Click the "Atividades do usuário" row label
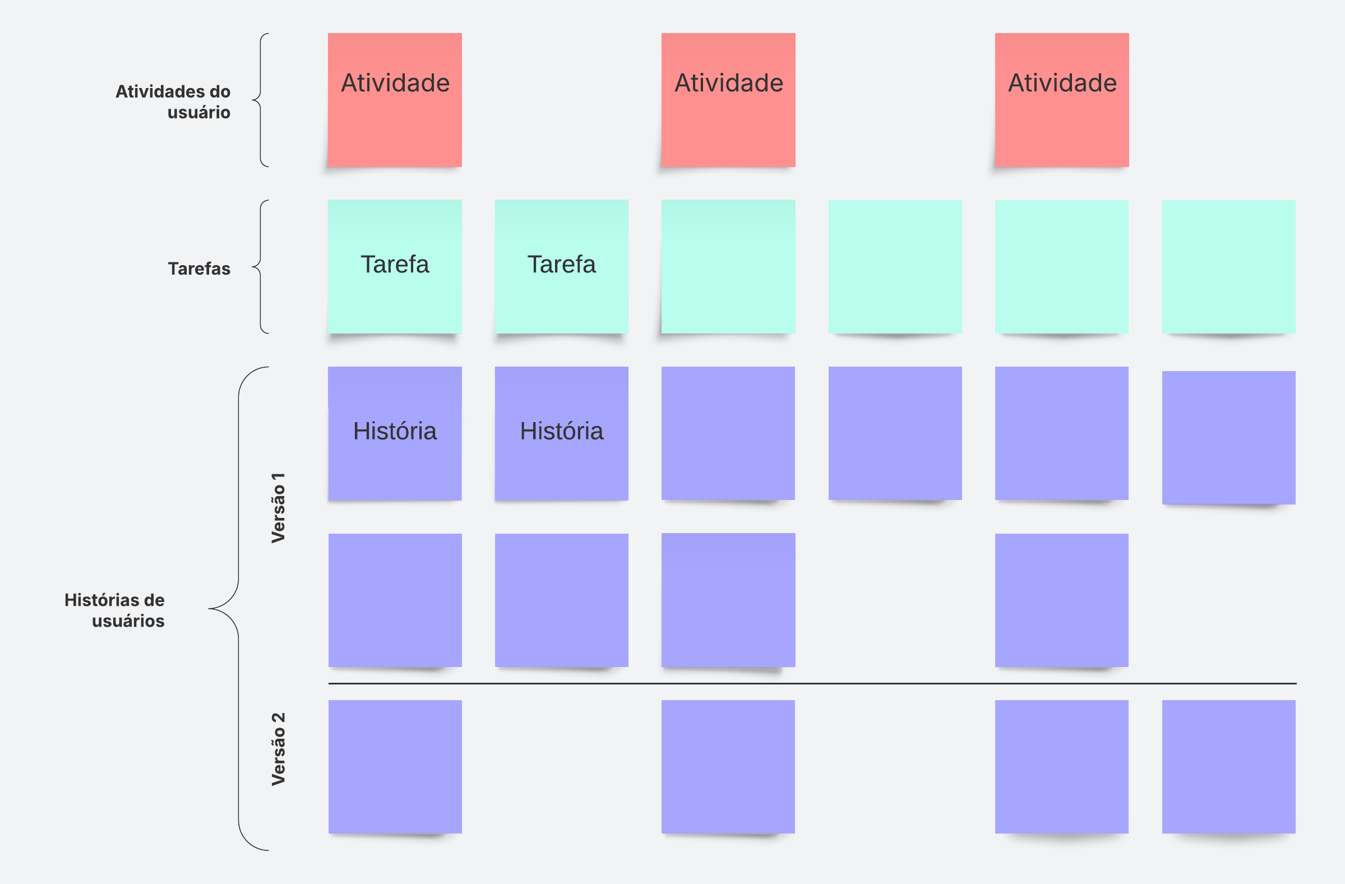(173, 101)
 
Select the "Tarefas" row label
(199, 269)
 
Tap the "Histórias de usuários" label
(115, 610)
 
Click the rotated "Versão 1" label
(278, 508)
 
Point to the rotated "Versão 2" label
(278, 749)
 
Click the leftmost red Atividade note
(395, 100)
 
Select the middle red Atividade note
(728, 100)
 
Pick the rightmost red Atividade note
(1062, 100)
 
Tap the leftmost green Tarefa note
(395, 266)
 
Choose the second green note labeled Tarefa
(562, 266)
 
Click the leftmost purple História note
(395, 433)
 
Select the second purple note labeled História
(562, 433)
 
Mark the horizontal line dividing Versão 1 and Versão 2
(812, 683)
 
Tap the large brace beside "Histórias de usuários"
(238, 608)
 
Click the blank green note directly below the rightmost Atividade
(1062, 266)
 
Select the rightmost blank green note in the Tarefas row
(1228, 266)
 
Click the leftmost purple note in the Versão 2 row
(395, 766)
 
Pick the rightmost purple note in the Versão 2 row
(1228, 766)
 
